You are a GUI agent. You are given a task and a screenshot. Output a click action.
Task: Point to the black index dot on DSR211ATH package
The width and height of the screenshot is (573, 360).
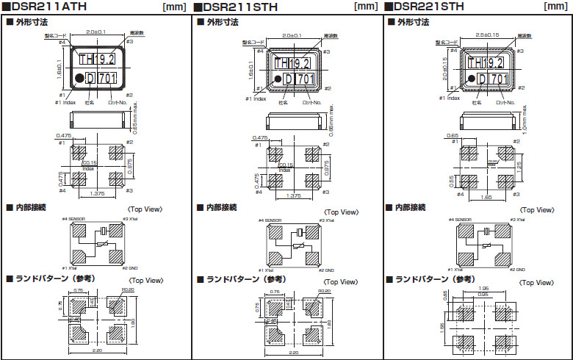pyautogui.click(x=78, y=77)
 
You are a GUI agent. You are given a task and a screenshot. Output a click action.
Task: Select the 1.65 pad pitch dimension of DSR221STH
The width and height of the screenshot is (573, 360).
pyautogui.click(x=486, y=198)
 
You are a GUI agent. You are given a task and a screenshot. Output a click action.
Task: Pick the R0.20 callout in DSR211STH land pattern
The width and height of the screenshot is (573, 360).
pyautogui.click(x=322, y=292)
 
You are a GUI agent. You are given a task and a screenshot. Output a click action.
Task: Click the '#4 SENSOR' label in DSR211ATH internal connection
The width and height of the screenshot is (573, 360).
pyautogui.click(x=74, y=219)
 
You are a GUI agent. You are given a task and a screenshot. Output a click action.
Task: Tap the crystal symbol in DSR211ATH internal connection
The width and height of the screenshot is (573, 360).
pyautogui.click(x=104, y=232)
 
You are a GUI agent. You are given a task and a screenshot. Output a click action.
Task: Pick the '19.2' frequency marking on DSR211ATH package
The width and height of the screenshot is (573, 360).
pyautogui.click(x=107, y=60)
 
